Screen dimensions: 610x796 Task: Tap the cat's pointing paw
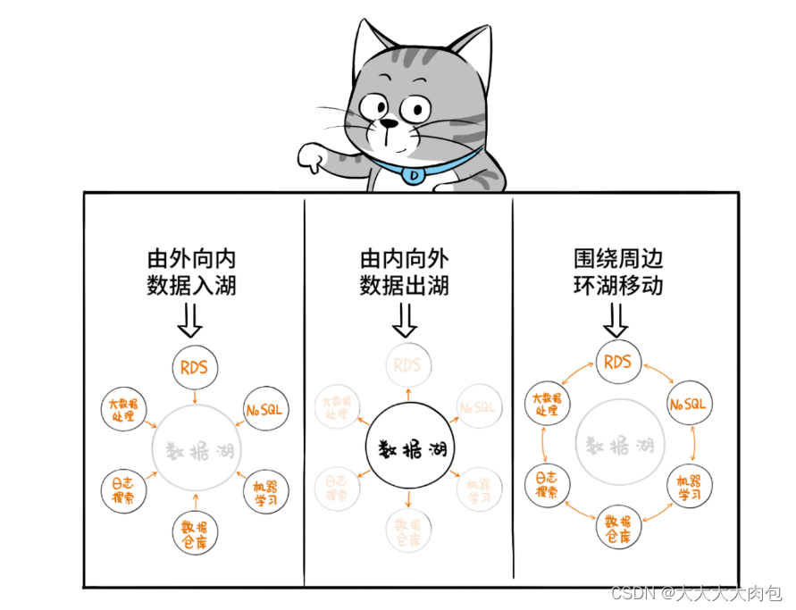click(x=314, y=159)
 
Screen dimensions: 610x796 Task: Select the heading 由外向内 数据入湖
click(x=192, y=273)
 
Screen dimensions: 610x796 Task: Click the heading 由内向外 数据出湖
click(x=405, y=273)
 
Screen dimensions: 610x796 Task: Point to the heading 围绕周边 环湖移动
click(x=619, y=273)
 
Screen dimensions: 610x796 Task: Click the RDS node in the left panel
click(x=194, y=367)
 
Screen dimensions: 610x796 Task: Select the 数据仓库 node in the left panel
click(x=195, y=534)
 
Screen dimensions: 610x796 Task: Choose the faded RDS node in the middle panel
click(x=407, y=365)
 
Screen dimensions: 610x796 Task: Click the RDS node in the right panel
click(x=618, y=363)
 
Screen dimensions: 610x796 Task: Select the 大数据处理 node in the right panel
click(x=547, y=405)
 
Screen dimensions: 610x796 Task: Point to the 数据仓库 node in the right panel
click(x=617, y=529)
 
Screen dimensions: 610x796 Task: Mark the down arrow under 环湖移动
click(x=616, y=319)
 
